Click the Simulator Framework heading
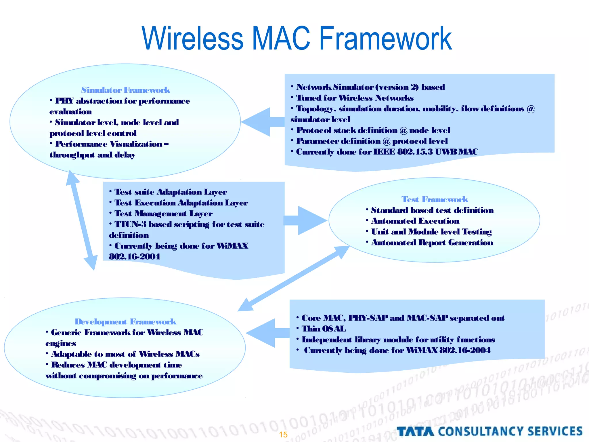[125, 90]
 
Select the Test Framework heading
[435, 199]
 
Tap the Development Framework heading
[125, 321]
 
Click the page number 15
[283, 435]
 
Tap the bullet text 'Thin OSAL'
[324, 329]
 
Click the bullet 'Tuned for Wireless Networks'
[355, 98]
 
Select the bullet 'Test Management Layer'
[163, 214]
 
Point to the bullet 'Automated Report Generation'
[432, 243]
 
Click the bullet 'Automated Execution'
[415, 221]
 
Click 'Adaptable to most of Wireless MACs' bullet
[125, 354]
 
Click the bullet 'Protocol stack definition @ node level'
[373, 130]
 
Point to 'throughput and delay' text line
[92, 155]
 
